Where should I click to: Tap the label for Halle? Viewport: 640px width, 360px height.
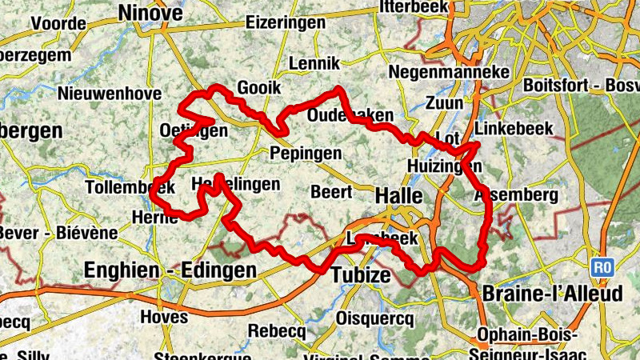tap(400, 195)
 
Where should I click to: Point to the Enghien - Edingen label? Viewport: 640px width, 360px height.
tap(170, 270)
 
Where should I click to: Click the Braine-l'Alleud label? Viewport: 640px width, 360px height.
tap(552, 294)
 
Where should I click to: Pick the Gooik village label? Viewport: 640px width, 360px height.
tap(257, 88)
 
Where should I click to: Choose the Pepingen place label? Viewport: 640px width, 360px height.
tap(306, 153)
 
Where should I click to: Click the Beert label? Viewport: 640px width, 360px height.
tap(331, 192)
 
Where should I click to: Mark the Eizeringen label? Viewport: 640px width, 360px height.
tap(286, 22)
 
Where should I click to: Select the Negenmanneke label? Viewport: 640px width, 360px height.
tap(449, 72)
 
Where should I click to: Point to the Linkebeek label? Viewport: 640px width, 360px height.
tap(514, 128)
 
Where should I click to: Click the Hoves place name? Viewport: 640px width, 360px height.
tap(164, 317)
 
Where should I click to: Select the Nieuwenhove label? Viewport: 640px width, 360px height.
tap(110, 93)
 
